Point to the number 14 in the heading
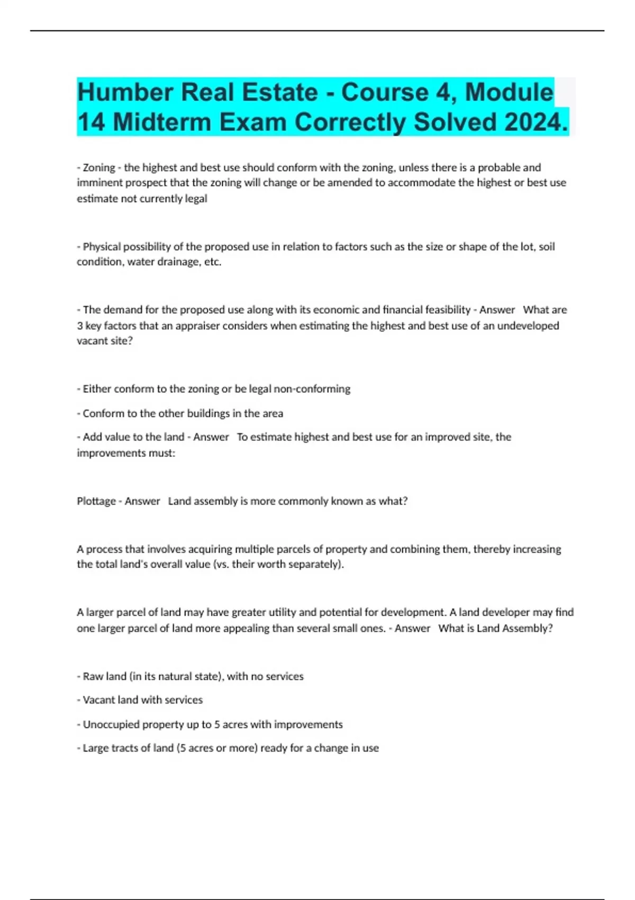(91, 122)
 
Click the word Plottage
(96, 501)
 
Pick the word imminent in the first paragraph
(98, 183)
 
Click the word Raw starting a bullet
(93, 676)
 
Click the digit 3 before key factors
(80, 326)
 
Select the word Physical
(102, 247)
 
